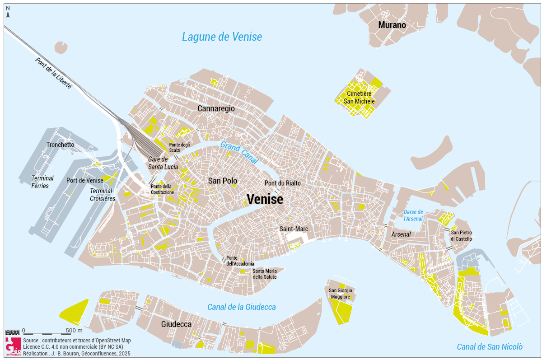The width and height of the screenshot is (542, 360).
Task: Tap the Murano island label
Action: coord(392,25)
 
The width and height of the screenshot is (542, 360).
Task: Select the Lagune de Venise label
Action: coord(222,37)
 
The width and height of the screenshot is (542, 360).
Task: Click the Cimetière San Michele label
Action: coord(360,97)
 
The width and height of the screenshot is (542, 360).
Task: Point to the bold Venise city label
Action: coord(265,199)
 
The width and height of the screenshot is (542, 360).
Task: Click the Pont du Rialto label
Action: coord(282,183)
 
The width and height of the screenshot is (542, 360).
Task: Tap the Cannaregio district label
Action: coord(216,108)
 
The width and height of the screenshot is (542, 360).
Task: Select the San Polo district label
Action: coord(223,181)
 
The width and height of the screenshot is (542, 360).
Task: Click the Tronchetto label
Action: coord(60,145)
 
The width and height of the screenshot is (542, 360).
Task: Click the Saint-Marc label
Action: coord(294,229)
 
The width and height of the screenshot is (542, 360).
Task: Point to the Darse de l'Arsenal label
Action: coord(413,215)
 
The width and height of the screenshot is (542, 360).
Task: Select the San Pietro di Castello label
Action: coord(462,235)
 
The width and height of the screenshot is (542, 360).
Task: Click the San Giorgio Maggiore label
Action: coord(341,294)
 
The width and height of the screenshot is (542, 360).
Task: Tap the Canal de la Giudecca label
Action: coord(241,307)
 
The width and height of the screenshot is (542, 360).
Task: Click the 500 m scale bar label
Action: coord(70,330)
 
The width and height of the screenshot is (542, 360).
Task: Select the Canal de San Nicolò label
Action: coord(490,347)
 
